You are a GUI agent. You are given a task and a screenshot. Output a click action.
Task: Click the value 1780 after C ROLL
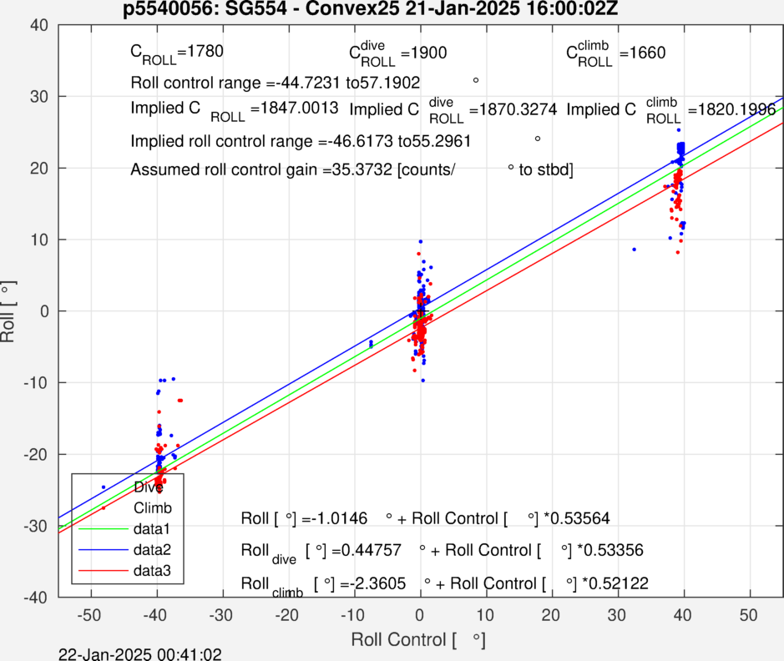click(x=205, y=52)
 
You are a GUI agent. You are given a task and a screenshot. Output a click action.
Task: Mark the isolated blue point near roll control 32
click(x=634, y=250)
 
